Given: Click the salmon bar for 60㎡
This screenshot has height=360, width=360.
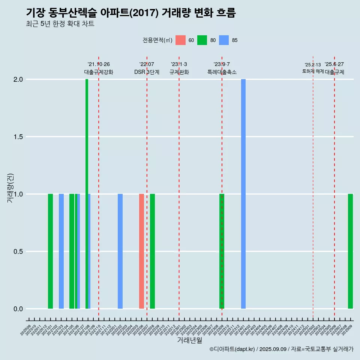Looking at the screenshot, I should tap(141, 251).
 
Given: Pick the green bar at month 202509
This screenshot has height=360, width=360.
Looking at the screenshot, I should tap(350, 251).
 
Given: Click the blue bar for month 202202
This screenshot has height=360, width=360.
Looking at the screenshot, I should tap(120, 251).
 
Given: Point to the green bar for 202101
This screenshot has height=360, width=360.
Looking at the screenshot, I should tap(50, 251).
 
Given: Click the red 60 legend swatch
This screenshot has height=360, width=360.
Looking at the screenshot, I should tap(180, 40).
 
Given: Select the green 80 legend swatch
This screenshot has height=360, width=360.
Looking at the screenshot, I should tap(202, 40).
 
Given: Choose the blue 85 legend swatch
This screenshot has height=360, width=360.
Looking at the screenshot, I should tap(223, 40).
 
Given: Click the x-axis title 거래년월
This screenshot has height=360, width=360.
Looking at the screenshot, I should tap(189, 340).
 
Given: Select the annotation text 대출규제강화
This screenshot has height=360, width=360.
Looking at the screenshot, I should tap(98, 72).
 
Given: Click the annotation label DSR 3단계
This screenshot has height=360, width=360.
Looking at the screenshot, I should tap(147, 72).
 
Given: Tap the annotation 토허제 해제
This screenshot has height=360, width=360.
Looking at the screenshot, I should tap(313, 71).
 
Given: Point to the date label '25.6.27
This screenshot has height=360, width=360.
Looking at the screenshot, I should tap(334, 64).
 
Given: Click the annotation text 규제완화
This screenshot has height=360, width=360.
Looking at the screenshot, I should tap(179, 72).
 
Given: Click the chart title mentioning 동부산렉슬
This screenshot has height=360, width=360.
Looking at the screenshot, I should tap(131, 13).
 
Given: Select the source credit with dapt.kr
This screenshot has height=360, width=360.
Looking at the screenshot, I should tap(281, 349).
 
